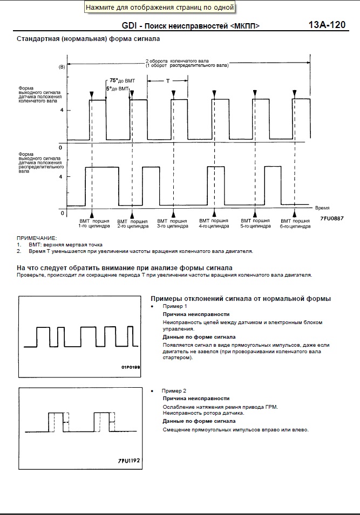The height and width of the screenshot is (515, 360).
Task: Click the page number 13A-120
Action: tap(327, 25)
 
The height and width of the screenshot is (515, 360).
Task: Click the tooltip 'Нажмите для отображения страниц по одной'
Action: tap(160, 8)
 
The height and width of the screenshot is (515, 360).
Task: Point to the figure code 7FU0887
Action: tap(331, 218)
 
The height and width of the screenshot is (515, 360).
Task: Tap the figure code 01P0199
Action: tap(131, 367)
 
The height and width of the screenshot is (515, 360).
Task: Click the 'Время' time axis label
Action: tap(322, 208)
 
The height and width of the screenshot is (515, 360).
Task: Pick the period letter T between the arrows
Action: tap(168, 80)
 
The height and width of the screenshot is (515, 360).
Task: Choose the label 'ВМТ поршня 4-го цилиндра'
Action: tap(214, 224)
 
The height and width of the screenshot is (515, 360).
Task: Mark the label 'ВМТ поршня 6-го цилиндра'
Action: tap(295, 224)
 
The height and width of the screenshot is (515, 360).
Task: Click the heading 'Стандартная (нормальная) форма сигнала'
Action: tap(88, 39)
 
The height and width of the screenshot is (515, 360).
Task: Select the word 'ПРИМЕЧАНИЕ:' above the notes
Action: tap(37, 238)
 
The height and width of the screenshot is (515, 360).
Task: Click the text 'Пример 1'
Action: tap(174, 306)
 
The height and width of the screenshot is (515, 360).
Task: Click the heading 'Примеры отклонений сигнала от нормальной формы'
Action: tap(240, 299)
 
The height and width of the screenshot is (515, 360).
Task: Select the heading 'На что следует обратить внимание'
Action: tap(125, 268)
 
